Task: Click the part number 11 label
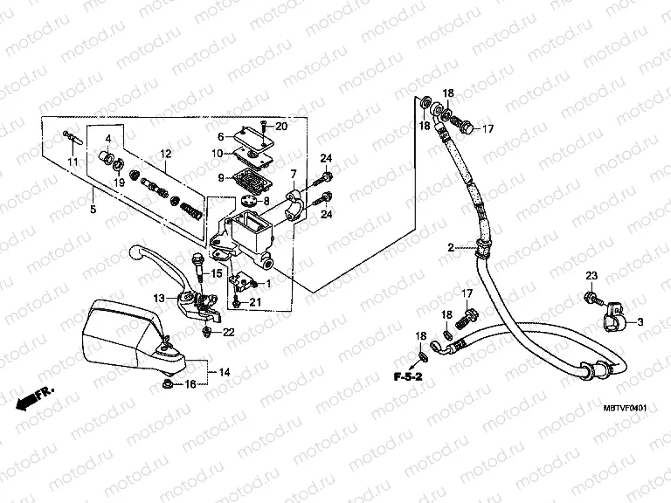tap(73, 162)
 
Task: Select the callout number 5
tap(93, 209)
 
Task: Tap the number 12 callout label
tap(163, 155)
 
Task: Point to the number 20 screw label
tap(280, 127)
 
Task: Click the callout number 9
tap(210, 178)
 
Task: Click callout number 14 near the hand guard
tap(225, 372)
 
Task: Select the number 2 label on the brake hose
tap(451, 248)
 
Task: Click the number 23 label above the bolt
tap(591, 276)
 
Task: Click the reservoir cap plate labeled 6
tap(246, 135)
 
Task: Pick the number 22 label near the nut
tap(229, 331)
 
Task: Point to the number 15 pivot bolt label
tap(215, 274)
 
